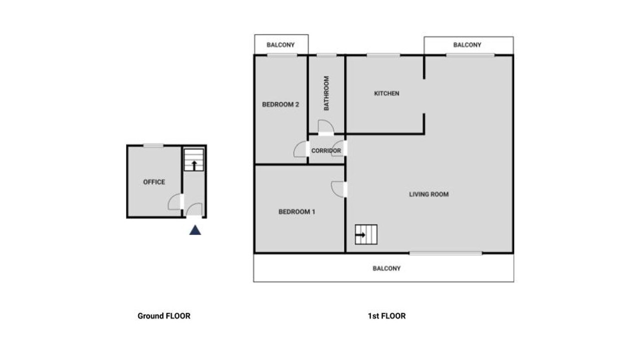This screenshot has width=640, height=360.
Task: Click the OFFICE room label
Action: [154, 182]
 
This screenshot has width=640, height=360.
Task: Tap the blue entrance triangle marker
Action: [195, 230]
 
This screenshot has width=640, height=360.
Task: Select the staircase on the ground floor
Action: [194, 160]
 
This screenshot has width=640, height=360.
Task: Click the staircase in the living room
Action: [366, 234]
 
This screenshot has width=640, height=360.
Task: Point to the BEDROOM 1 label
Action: [297, 211]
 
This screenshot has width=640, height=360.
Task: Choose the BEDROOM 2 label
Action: [280, 104]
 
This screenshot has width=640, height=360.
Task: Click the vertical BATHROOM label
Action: [326, 93]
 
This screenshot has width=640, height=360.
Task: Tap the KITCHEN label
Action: [386, 93]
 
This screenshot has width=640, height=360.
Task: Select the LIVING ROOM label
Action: [429, 194]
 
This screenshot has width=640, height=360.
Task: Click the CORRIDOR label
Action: [326, 150]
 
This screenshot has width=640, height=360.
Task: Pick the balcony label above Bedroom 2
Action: [280, 45]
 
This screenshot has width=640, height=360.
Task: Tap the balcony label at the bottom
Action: [386, 268]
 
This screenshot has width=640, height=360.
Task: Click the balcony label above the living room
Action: [467, 45]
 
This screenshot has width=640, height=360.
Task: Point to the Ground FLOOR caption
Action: [164, 315]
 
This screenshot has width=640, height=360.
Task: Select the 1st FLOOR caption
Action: [386, 315]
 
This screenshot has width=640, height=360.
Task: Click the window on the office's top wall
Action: [153, 145]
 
